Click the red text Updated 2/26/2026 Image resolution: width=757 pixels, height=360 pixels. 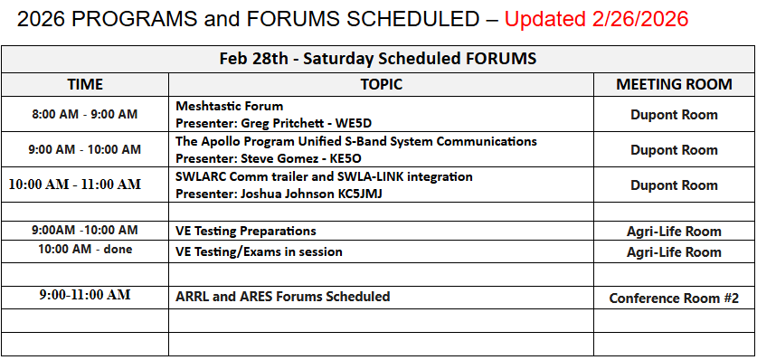[x=596, y=19]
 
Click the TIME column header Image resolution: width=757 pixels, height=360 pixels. [x=85, y=84]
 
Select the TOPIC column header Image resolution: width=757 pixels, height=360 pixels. [x=381, y=84]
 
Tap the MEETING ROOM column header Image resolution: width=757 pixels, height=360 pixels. [x=674, y=84]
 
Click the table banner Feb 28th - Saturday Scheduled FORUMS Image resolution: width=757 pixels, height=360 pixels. [x=378, y=59]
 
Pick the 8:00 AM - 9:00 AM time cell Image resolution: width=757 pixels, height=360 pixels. [x=85, y=114]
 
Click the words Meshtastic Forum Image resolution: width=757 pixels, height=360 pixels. [x=230, y=106]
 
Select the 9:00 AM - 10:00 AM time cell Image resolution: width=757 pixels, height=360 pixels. [x=85, y=149]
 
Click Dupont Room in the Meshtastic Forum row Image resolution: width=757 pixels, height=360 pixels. [x=674, y=115]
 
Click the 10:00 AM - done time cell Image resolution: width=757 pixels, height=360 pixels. [x=85, y=250]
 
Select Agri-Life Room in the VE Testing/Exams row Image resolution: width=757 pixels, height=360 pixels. [x=674, y=251]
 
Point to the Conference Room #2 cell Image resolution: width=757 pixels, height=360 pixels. [x=674, y=298]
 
